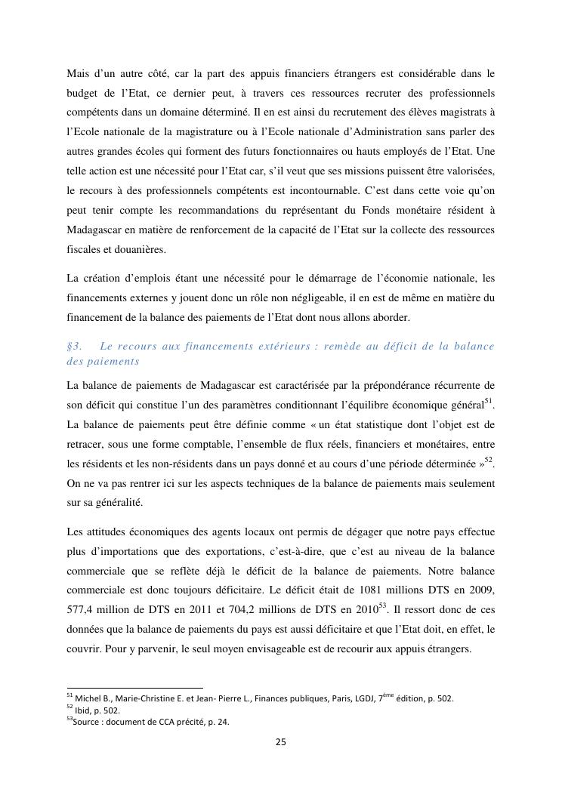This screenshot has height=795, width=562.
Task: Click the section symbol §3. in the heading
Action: pyautogui.click(x=74, y=347)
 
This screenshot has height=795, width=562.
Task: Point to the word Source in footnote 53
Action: pyautogui.click(x=87, y=722)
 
